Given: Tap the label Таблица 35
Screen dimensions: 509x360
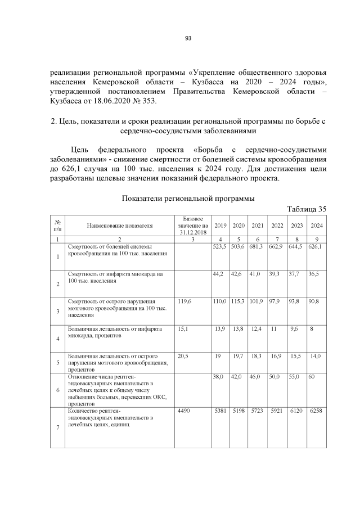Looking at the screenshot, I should [x=307, y=209].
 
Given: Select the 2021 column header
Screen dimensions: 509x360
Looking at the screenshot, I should [x=258, y=226].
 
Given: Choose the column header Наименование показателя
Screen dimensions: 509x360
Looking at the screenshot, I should [x=119, y=226].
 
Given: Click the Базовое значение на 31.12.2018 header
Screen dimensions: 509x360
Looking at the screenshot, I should [x=192, y=226].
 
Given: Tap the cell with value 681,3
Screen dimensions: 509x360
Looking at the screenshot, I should [x=257, y=247].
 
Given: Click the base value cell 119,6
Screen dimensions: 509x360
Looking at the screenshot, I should [x=184, y=301].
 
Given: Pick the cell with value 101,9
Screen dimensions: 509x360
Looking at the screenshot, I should [x=257, y=301].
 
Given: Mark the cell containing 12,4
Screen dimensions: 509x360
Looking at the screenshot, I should [x=257, y=328].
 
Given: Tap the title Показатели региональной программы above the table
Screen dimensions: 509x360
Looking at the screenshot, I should [x=188, y=199].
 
